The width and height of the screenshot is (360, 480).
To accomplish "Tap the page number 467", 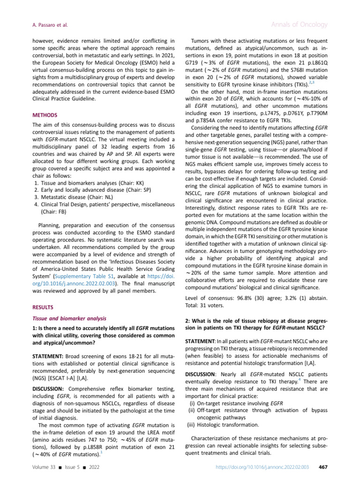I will point(322,467).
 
